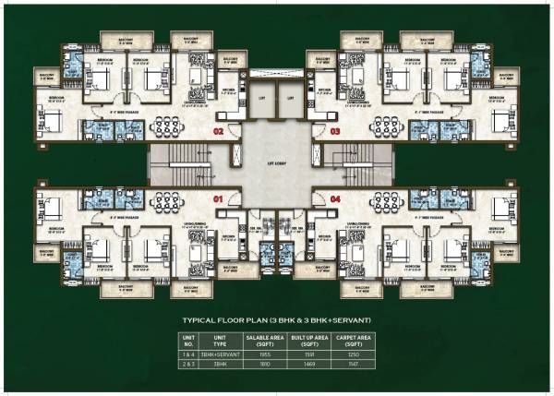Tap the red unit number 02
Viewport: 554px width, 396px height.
219,132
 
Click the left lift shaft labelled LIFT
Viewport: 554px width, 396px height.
261,98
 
